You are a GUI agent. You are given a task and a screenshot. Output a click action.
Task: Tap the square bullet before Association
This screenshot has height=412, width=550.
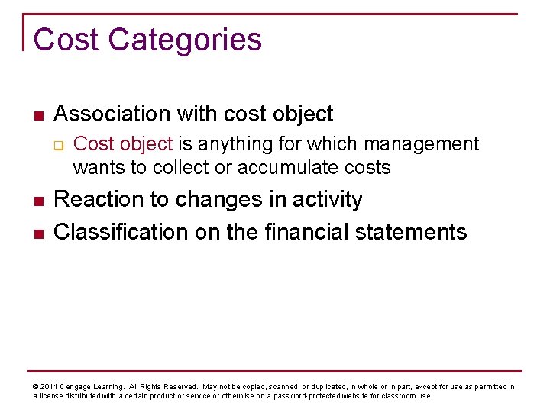pos(37,116)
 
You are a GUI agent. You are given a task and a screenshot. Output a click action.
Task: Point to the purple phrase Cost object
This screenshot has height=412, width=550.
pos(123,144)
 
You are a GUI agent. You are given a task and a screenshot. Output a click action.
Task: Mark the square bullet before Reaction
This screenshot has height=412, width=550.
pos(37,201)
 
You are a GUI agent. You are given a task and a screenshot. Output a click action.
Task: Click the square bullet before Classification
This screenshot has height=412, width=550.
pos(37,233)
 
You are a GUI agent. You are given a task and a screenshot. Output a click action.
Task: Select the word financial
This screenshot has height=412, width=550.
pos(306,232)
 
